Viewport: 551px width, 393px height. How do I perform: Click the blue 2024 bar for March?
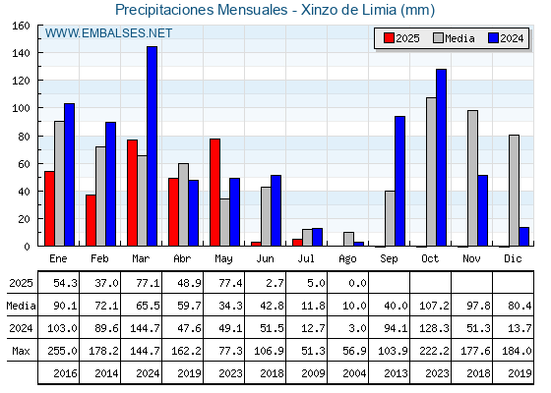[x=152, y=146]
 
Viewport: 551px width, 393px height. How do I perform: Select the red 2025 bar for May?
[x=214, y=193]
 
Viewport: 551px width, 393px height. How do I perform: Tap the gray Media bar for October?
[x=431, y=172]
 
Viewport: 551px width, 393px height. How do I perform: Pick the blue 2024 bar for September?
[x=399, y=181]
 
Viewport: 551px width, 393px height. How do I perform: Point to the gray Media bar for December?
[x=514, y=191]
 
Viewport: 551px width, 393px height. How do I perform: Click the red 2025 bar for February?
[x=91, y=220]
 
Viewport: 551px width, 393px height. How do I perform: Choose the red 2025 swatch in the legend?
[x=389, y=38]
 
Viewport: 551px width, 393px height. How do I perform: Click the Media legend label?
[x=459, y=38]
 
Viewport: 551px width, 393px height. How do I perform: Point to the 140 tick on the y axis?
[x=39, y=53]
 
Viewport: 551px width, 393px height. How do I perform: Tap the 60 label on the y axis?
[x=24, y=164]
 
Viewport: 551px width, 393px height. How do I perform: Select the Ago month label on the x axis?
[x=347, y=259]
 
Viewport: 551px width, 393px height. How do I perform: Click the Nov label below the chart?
[x=471, y=258]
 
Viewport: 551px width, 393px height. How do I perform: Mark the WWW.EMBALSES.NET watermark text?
[x=108, y=33]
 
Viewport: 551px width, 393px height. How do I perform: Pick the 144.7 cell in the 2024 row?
[x=145, y=328]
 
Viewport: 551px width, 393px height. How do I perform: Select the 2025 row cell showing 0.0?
[x=358, y=283]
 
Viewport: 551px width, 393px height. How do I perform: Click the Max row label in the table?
[x=21, y=351]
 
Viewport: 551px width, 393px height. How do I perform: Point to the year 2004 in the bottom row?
[x=354, y=373]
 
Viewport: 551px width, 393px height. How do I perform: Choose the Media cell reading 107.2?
[x=434, y=306]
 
